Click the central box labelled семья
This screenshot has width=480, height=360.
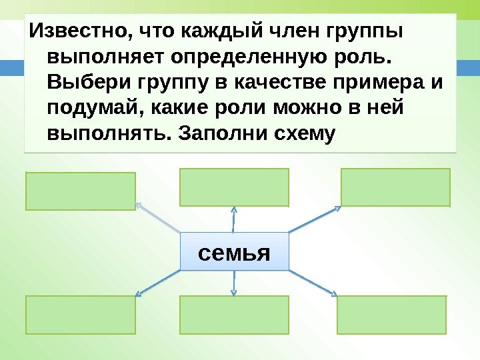[234, 251]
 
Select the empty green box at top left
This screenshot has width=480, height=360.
[81, 191]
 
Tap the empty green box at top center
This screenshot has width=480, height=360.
[234, 187]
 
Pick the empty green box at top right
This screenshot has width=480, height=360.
[395, 187]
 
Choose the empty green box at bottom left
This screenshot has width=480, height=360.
[81, 315]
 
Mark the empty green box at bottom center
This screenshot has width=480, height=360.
[234, 315]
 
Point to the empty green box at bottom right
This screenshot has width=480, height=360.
[391, 315]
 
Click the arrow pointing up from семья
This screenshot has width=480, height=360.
[234, 219]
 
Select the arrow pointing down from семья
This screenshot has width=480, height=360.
[234, 283]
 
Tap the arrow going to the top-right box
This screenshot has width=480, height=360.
[315, 219]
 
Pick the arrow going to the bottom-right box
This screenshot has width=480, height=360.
[312, 282]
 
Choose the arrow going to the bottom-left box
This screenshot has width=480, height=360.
[158, 283]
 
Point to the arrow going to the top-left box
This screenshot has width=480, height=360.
[158, 218]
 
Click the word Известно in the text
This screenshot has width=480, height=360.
[73, 31]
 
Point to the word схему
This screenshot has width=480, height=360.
[303, 133]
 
